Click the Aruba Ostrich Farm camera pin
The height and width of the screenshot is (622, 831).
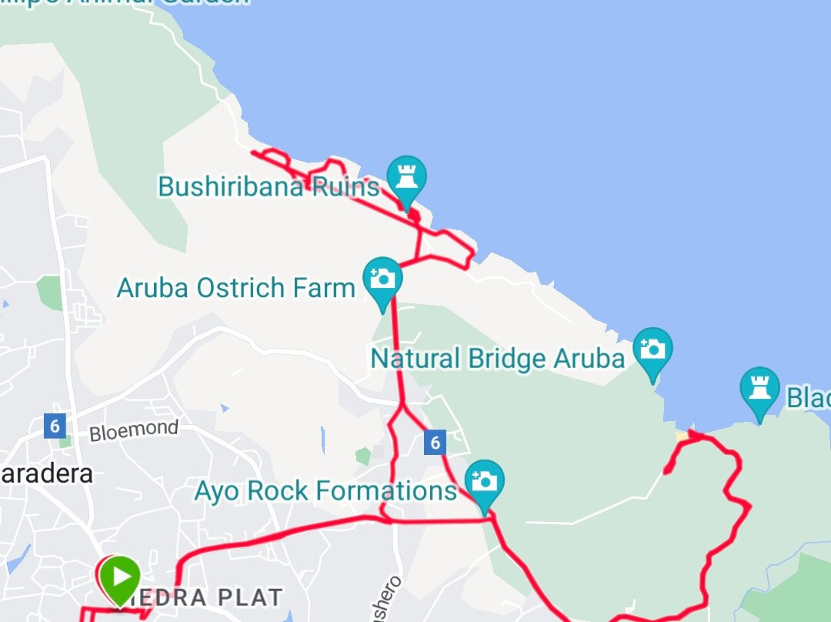[x=382, y=278]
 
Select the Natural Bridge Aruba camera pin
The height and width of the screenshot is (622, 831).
[x=652, y=349]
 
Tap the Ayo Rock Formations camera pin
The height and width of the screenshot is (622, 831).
[x=484, y=481]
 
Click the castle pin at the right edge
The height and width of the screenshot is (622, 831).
[x=759, y=389]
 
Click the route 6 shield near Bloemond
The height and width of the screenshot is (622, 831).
[x=54, y=426]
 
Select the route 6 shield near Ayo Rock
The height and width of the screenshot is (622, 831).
[x=435, y=442]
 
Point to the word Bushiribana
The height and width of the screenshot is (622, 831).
[x=231, y=186]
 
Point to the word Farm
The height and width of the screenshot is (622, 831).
[x=323, y=288]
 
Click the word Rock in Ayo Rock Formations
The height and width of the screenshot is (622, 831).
[x=280, y=491]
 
